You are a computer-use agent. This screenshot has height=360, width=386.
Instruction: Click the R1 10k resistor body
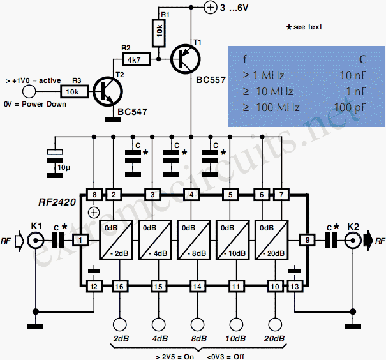(x=159, y=33)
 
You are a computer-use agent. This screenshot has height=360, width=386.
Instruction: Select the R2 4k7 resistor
(x=136, y=59)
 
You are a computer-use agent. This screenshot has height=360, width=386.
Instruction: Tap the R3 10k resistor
(x=74, y=92)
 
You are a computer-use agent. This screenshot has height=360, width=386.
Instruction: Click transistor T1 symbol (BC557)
(x=186, y=59)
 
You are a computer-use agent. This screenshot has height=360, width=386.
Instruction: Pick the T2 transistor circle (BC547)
(x=108, y=92)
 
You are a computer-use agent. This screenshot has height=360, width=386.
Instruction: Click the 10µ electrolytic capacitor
(x=55, y=163)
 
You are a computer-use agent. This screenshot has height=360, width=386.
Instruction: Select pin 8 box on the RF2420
(x=94, y=195)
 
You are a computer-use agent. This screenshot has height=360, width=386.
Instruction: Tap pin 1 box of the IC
(x=80, y=240)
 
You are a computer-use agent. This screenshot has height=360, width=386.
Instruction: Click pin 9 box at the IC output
(x=308, y=240)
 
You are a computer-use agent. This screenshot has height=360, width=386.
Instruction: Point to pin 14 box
(x=197, y=287)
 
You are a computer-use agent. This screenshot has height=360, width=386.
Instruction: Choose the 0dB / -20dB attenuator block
(x=272, y=240)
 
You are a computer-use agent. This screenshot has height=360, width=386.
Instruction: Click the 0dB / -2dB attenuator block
(x=116, y=240)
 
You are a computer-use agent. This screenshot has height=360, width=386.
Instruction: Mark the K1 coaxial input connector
(x=36, y=241)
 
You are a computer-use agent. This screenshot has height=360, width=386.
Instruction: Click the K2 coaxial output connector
(x=353, y=241)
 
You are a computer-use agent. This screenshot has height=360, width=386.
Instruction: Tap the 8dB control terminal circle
(x=197, y=324)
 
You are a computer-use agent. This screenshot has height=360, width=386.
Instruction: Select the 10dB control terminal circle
(x=236, y=324)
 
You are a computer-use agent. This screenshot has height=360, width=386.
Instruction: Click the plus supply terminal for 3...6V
(x=211, y=8)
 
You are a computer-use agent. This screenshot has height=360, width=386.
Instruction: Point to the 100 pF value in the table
(x=350, y=108)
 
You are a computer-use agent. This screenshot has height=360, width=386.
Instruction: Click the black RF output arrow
(x=369, y=241)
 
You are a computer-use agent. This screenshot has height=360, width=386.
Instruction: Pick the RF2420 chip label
(x=57, y=202)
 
